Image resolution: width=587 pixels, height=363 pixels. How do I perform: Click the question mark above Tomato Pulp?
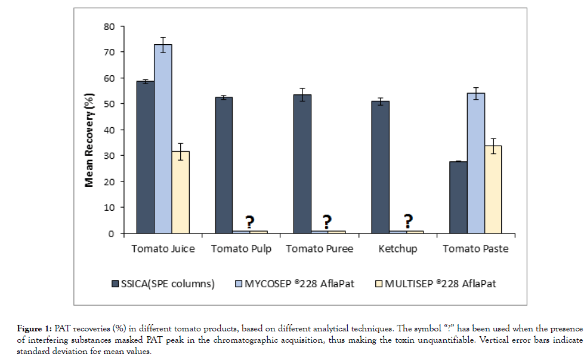pos(249,221)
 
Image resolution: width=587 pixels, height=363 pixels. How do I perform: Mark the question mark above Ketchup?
pos(407,221)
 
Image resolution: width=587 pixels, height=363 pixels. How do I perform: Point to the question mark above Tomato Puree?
pos(327,221)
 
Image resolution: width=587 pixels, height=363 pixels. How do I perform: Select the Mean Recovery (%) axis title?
pos(89,130)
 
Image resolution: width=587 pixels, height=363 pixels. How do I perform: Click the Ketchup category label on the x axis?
pos(397,248)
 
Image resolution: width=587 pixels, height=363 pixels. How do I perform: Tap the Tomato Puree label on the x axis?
pos(319,248)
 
